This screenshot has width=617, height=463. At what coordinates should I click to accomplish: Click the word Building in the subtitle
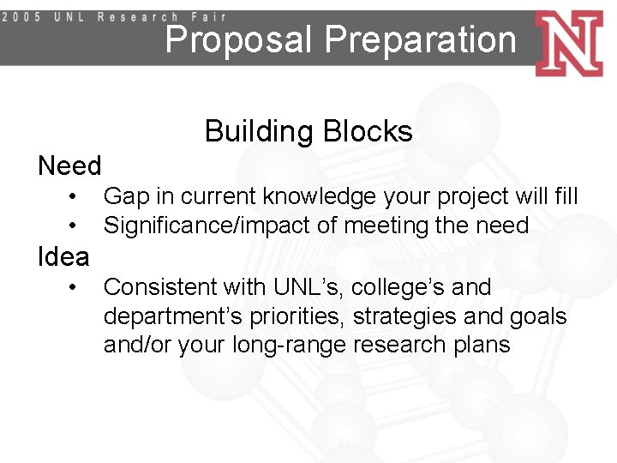260,131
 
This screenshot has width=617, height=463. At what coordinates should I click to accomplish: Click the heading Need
69,165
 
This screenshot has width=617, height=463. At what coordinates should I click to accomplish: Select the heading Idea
63,256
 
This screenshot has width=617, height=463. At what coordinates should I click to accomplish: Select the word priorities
294,316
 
